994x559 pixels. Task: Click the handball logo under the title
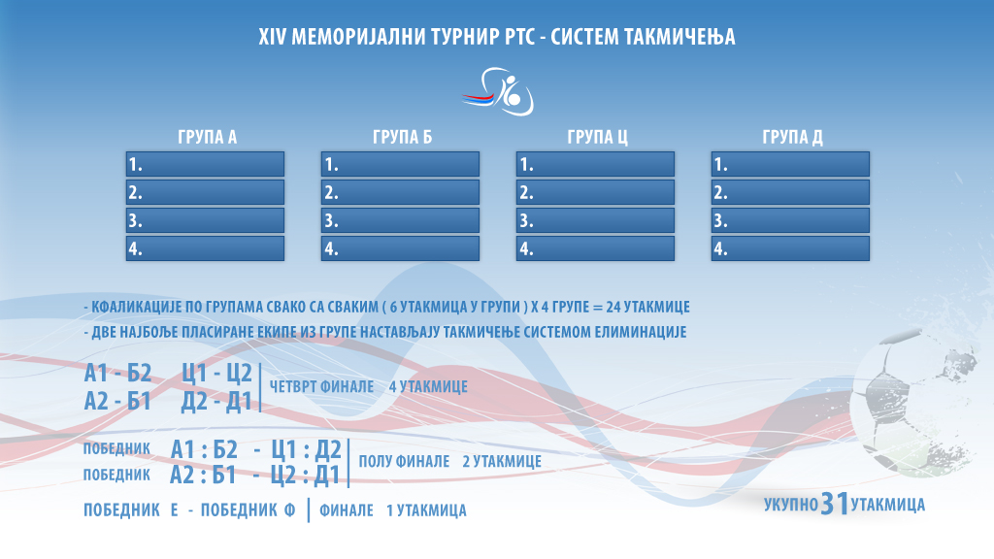coord(498,91)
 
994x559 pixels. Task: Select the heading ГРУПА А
coord(208,137)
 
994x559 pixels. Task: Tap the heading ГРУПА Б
coord(402,137)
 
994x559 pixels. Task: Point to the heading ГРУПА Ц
coord(597,137)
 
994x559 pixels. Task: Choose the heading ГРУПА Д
coord(792,137)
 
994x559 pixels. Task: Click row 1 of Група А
coord(206,164)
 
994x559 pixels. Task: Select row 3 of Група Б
coord(400,220)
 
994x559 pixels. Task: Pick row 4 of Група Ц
coord(595,248)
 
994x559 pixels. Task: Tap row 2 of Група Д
coord(790,192)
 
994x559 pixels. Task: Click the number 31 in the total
coord(834,504)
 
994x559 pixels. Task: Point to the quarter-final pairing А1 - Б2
coord(117,374)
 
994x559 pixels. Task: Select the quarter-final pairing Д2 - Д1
coord(216,401)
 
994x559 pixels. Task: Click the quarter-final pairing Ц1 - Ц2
coord(216,374)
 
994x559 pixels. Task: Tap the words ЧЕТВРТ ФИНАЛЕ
coord(322,386)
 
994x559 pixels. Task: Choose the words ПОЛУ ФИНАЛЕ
coord(405,461)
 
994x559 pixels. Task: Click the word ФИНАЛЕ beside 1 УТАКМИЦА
coord(347,510)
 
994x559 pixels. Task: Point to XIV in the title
coord(272,37)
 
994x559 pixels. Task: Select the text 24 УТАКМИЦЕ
coord(647,307)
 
